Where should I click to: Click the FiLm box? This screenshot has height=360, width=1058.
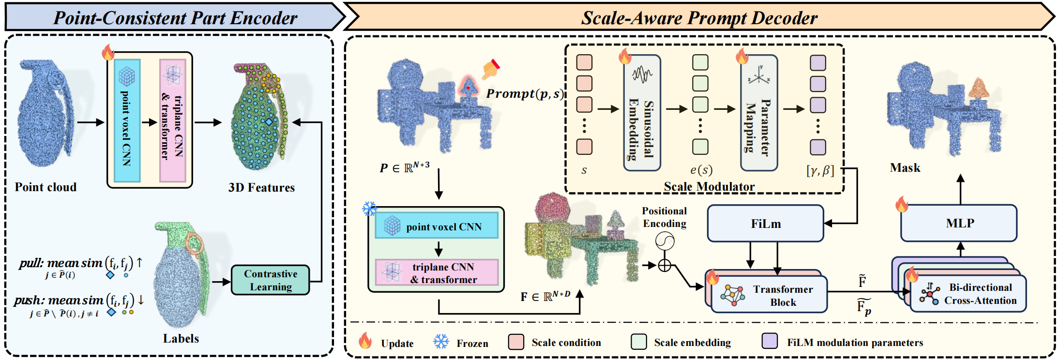[x=765, y=224]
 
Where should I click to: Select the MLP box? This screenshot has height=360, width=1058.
[x=959, y=223]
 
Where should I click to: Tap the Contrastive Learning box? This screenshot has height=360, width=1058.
[x=270, y=280]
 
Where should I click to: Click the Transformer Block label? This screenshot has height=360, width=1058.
[x=783, y=296]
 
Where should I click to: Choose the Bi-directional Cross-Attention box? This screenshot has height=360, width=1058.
[x=968, y=294]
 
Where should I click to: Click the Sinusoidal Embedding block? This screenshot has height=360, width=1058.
[x=642, y=113]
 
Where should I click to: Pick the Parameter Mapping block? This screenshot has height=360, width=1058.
[x=758, y=113]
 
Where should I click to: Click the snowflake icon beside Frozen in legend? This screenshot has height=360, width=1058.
[x=440, y=342]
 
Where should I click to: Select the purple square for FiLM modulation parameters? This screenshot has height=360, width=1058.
[x=770, y=341]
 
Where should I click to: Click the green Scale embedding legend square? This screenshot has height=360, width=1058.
[x=639, y=341]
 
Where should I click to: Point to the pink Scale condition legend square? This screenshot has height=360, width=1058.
[x=516, y=342]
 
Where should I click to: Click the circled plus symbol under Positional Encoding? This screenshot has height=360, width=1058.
[x=665, y=265]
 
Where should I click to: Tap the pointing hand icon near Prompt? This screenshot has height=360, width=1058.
[x=491, y=69]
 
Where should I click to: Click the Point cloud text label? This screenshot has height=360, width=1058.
[x=45, y=187]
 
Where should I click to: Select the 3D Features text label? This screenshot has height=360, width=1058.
[x=261, y=188]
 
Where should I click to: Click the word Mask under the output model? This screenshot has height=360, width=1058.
[x=905, y=168]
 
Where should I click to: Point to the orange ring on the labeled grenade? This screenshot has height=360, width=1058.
[x=195, y=243]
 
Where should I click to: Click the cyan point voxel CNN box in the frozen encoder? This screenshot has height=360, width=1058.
[x=437, y=226]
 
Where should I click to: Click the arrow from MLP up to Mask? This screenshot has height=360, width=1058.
[x=960, y=189]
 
